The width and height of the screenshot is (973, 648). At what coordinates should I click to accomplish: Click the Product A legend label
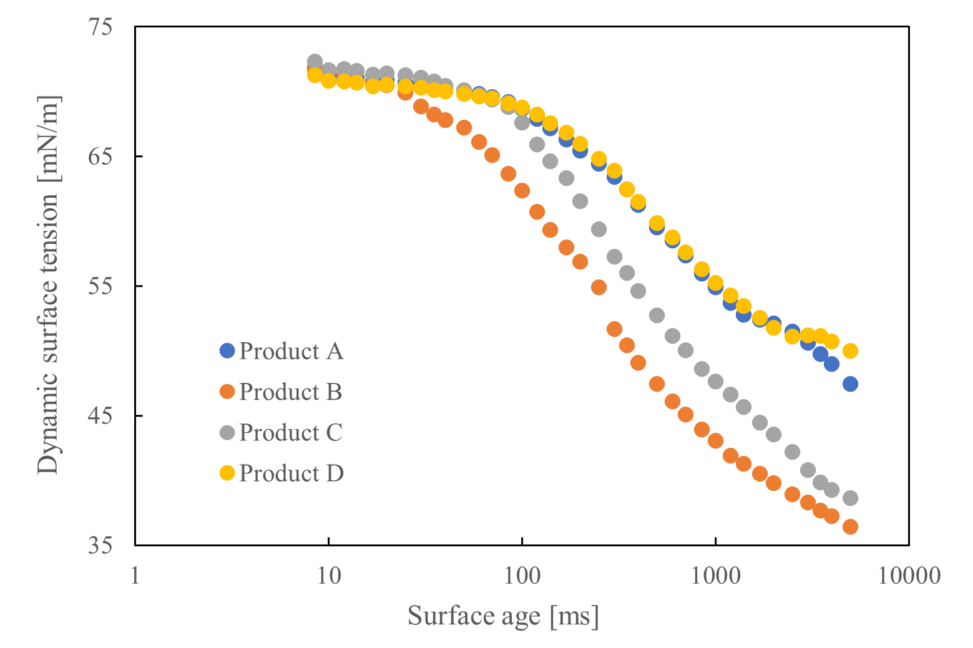point(291,351)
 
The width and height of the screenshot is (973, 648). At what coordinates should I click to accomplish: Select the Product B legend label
point(291,392)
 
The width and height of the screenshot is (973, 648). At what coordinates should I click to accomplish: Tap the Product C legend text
point(291,432)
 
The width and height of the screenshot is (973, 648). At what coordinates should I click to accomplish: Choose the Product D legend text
point(291,473)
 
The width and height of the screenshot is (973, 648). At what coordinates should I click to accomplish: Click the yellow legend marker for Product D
point(227,473)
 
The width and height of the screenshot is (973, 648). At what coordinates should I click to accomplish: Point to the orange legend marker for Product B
point(227,392)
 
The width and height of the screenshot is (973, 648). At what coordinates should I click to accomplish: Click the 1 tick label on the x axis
point(135,575)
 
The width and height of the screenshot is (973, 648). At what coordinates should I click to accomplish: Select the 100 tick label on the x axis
point(522,575)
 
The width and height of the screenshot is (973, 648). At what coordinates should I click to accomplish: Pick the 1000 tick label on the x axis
point(715,575)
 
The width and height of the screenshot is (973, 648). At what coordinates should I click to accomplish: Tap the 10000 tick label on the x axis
point(909,575)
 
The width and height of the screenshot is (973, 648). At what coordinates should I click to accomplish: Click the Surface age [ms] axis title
point(503,616)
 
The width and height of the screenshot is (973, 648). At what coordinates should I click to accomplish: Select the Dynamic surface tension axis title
point(48,286)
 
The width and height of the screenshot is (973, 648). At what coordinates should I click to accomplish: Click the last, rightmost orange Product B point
point(850,527)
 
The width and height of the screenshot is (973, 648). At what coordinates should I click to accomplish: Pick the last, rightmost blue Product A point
point(850,384)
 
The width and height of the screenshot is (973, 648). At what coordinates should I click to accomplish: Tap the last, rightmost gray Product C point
point(850,498)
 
